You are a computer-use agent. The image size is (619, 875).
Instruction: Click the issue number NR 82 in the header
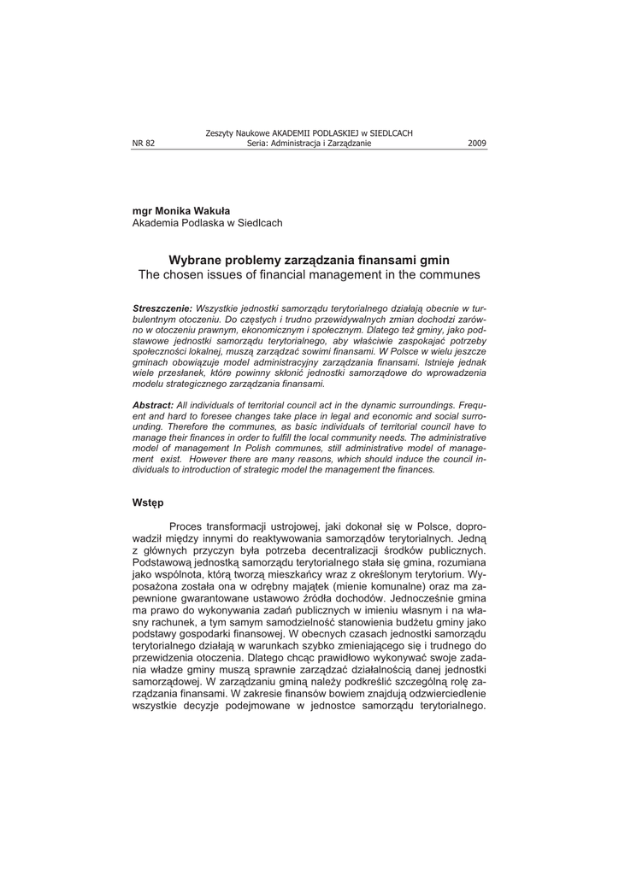pos(144,144)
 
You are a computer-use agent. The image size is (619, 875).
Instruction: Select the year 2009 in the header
pos(477,144)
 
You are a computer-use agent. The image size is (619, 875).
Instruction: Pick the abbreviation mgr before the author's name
pos(142,210)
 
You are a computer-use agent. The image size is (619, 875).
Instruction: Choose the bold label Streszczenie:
pos(162,308)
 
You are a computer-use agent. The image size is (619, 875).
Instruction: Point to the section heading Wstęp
pos(147,503)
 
